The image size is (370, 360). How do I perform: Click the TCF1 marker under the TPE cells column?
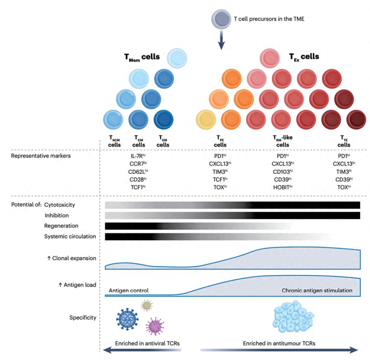click(220, 179)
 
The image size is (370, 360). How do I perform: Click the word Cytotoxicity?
click(59, 205)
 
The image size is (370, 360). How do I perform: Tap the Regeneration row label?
click(61, 226)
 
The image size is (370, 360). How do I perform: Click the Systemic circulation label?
click(70, 236)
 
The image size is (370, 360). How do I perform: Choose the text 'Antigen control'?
click(128, 290)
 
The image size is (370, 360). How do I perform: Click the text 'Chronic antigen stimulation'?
click(317, 290)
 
